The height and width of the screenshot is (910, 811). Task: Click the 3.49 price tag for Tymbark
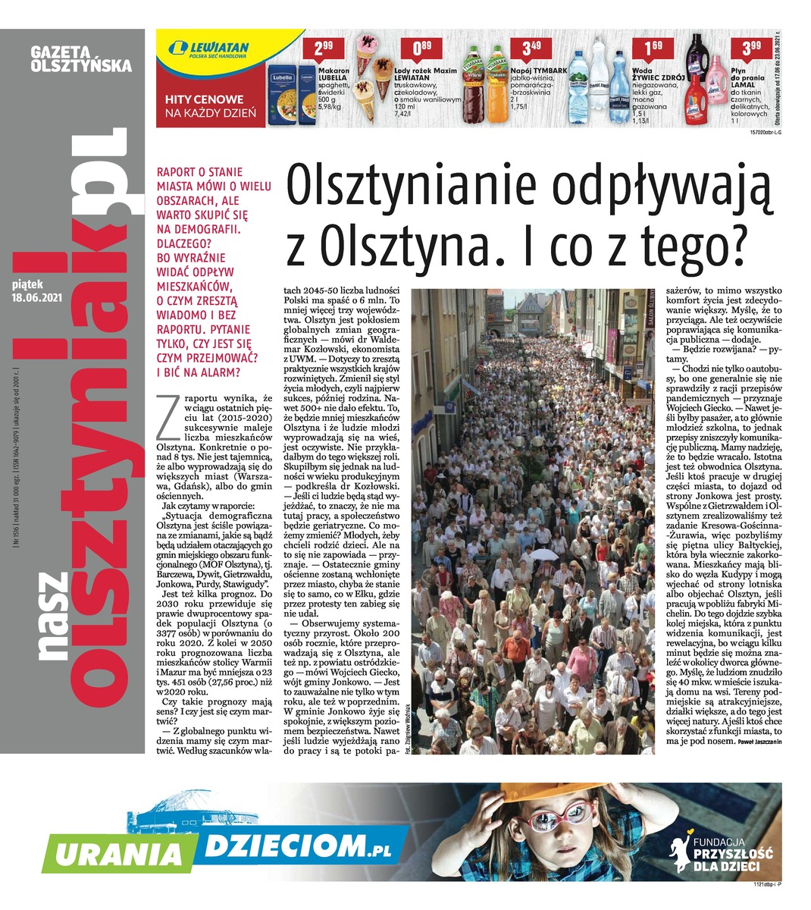[531, 50]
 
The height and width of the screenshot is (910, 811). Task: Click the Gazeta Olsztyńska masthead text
[81, 59]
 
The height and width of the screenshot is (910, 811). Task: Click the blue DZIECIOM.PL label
[303, 842]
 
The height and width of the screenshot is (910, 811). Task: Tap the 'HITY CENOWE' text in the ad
[205, 99]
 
